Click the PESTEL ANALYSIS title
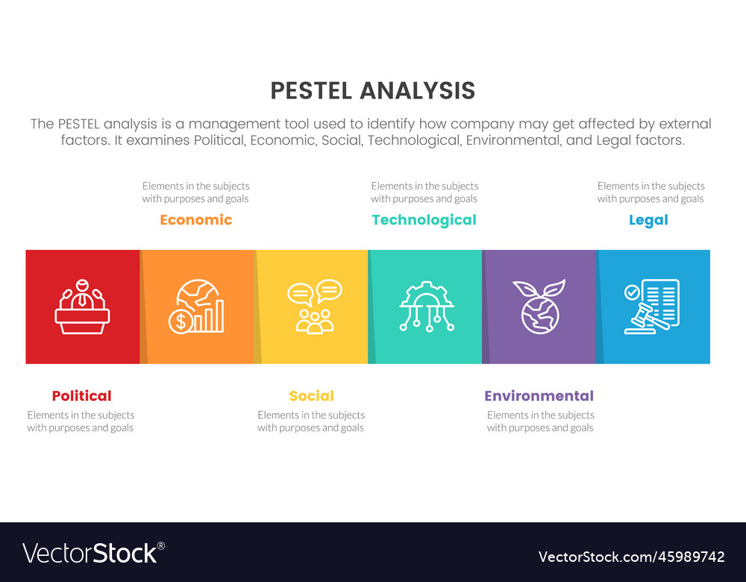[x=372, y=90]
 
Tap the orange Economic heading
[x=195, y=220]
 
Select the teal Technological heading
[x=424, y=220]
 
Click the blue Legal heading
[x=648, y=220]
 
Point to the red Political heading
[x=81, y=396]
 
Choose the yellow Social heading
[x=311, y=396]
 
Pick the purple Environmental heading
[x=539, y=396]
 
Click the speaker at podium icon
[x=82, y=306]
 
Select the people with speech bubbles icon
[x=314, y=306]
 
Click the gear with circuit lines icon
[x=427, y=306]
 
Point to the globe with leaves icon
[x=541, y=306]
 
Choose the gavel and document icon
[x=652, y=306]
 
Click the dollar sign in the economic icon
[x=180, y=322]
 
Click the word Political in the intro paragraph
[x=219, y=140]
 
